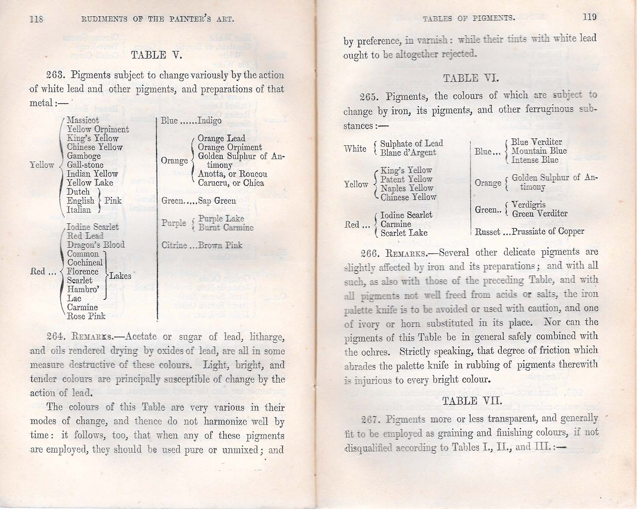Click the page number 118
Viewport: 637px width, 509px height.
point(36,19)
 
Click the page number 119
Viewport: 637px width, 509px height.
point(590,17)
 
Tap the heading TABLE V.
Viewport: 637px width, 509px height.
point(156,55)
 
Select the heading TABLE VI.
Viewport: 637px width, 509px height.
point(471,78)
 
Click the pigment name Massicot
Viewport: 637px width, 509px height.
point(83,120)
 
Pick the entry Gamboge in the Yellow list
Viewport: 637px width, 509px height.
point(84,156)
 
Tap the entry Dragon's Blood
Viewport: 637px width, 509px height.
point(96,245)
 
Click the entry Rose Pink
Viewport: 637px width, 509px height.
point(86,316)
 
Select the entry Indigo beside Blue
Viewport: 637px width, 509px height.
point(209,120)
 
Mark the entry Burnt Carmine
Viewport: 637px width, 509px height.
point(226,227)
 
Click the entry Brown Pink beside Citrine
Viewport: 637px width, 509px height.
point(220,245)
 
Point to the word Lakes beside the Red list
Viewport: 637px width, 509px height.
point(120,276)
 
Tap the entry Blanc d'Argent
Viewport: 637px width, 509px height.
point(408,153)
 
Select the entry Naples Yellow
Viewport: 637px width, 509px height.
point(407,188)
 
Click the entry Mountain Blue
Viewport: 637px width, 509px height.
point(539,151)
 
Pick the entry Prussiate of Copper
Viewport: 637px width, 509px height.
point(548,231)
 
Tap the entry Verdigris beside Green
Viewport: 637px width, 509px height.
point(529,205)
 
